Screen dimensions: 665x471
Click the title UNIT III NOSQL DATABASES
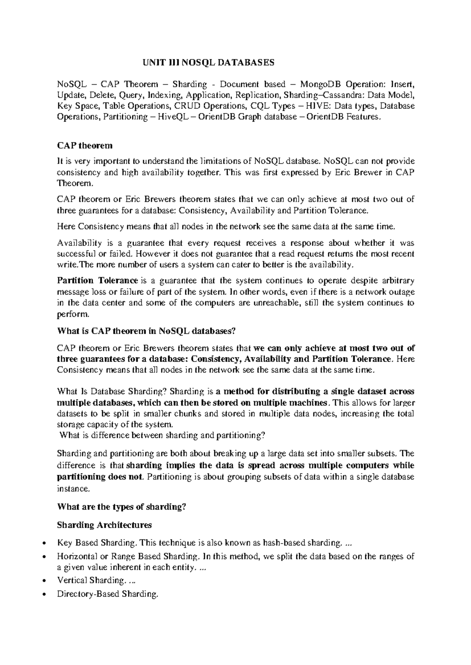[208, 63]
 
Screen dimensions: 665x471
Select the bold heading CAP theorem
[85, 146]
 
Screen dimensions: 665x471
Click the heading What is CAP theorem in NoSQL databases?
[146, 331]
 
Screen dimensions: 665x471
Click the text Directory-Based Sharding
[108, 594]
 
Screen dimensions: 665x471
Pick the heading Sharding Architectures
[104, 525]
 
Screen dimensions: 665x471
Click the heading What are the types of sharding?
[121, 507]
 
